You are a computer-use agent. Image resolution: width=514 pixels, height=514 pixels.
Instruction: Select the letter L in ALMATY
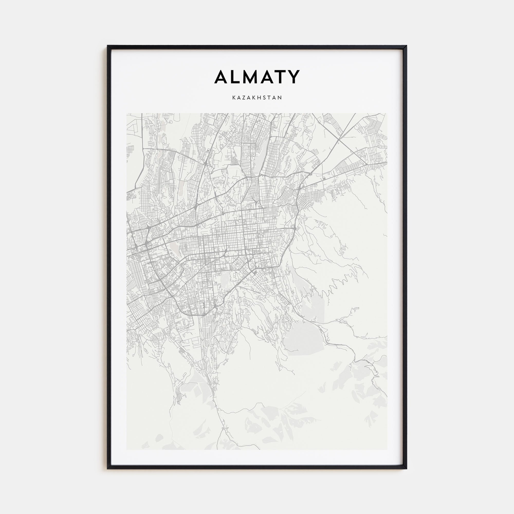237,77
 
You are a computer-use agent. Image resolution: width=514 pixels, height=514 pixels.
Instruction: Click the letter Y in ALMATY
294,77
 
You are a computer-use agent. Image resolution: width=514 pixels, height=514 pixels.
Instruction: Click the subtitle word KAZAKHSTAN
257,98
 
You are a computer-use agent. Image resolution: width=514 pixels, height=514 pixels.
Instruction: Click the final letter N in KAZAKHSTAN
280,98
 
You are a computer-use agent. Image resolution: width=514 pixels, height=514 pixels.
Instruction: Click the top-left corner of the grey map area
127,114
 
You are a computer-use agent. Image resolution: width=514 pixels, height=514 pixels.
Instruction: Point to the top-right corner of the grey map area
387,114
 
